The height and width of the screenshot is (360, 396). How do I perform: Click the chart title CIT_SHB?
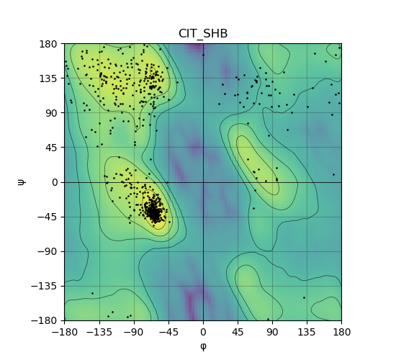[x=203, y=34]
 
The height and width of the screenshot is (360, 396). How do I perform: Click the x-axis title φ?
[x=203, y=346]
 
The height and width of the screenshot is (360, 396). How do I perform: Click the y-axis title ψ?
[x=22, y=182]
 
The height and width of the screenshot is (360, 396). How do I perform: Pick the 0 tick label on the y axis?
[x=55, y=182]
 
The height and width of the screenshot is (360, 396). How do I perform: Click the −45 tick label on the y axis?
[x=48, y=217]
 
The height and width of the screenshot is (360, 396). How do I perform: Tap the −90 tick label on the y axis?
[x=48, y=251]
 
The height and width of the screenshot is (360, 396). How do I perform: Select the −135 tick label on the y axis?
[x=45, y=286]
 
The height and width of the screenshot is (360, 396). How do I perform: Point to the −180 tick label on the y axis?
[x=45, y=320]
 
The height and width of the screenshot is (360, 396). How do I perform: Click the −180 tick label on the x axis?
[x=65, y=332]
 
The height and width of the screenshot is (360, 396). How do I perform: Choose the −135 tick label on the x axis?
[x=99, y=332]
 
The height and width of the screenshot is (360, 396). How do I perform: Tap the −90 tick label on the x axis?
[x=134, y=332]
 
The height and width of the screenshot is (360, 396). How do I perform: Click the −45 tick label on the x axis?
[x=168, y=332]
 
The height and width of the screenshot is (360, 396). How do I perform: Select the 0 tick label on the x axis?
[x=203, y=332]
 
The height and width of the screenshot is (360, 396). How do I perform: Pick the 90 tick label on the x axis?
[x=272, y=332]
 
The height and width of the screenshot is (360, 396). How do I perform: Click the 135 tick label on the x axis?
[x=307, y=332]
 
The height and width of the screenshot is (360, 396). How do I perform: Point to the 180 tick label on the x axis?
[x=342, y=332]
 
